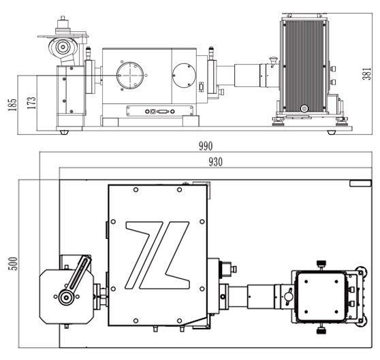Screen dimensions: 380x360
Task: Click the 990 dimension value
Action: pyautogui.click(x=206, y=146)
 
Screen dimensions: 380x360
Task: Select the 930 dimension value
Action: pyautogui.click(x=215, y=162)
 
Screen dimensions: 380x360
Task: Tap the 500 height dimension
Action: pyautogui.click(x=13, y=263)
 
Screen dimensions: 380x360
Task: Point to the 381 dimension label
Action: pyautogui.click(x=366, y=73)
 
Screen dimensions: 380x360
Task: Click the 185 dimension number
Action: pyautogui.click(x=13, y=105)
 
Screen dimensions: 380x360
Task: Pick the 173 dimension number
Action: pyautogui.click(x=31, y=103)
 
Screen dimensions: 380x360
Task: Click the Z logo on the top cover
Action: pyautogui.click(x=157, y=255)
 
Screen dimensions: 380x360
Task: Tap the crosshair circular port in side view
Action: pyautogui.click(x=130, y=76)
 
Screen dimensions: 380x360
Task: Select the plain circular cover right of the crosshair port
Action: pyautogui.click(x=184, y=76)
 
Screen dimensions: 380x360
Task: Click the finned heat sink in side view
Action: pyautogui.click(x=304, y=66)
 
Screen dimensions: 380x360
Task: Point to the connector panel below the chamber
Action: pyautogui.click(x=160, y=111)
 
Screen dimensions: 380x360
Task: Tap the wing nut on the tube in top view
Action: pyautogui.click(x=288, y=297)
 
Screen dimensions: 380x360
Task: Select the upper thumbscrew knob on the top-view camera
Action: pyautogui.click(x=321, y=263)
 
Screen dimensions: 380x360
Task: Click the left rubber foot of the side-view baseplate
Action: pyautogui.click(x=64, y=133)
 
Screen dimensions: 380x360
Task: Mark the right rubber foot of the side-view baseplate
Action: pyautogui.click(x=331, y=133)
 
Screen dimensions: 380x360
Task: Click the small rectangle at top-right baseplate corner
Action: pyautogui.click(x=360, y=183)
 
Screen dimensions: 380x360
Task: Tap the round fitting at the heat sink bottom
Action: pyautogui.click(x=304, y=108)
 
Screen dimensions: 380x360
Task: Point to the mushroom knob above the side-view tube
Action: pyautogui.click(x=273, y=60)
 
